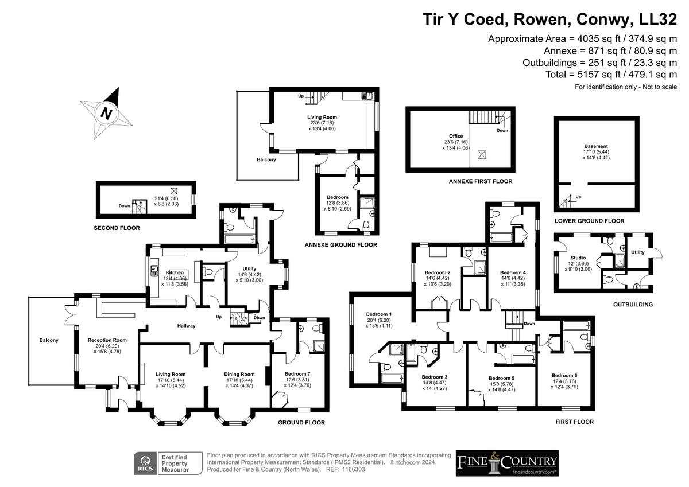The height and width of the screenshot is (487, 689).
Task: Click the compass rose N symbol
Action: (x=106, y=113)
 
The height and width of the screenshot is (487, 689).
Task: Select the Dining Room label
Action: (x=239, y=374)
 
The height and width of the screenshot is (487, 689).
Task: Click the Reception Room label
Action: (x=107, y=340)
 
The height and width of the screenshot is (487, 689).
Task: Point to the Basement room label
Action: (x=596, y=146)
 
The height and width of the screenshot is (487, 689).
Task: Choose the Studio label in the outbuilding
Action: (x=578, y=258)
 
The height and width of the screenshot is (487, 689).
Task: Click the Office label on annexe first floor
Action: (x=456, y=136)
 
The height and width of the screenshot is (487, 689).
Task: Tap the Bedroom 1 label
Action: (x=379, y=314)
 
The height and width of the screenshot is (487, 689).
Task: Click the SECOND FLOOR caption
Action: (x=117, y=228)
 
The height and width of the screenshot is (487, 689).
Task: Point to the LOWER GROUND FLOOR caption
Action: (x=590, y=221)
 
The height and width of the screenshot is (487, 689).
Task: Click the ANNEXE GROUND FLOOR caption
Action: (x=341, y=245)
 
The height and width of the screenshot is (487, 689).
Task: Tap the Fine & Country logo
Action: (x=507, y=463)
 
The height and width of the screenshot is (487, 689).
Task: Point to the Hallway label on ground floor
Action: (x=186, y=326)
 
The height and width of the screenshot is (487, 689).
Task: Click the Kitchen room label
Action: (x=175, y=272)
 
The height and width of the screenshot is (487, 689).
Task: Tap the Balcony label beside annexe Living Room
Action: (x=266, y=159)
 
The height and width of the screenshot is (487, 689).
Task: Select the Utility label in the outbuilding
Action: (x=638, y=252)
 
